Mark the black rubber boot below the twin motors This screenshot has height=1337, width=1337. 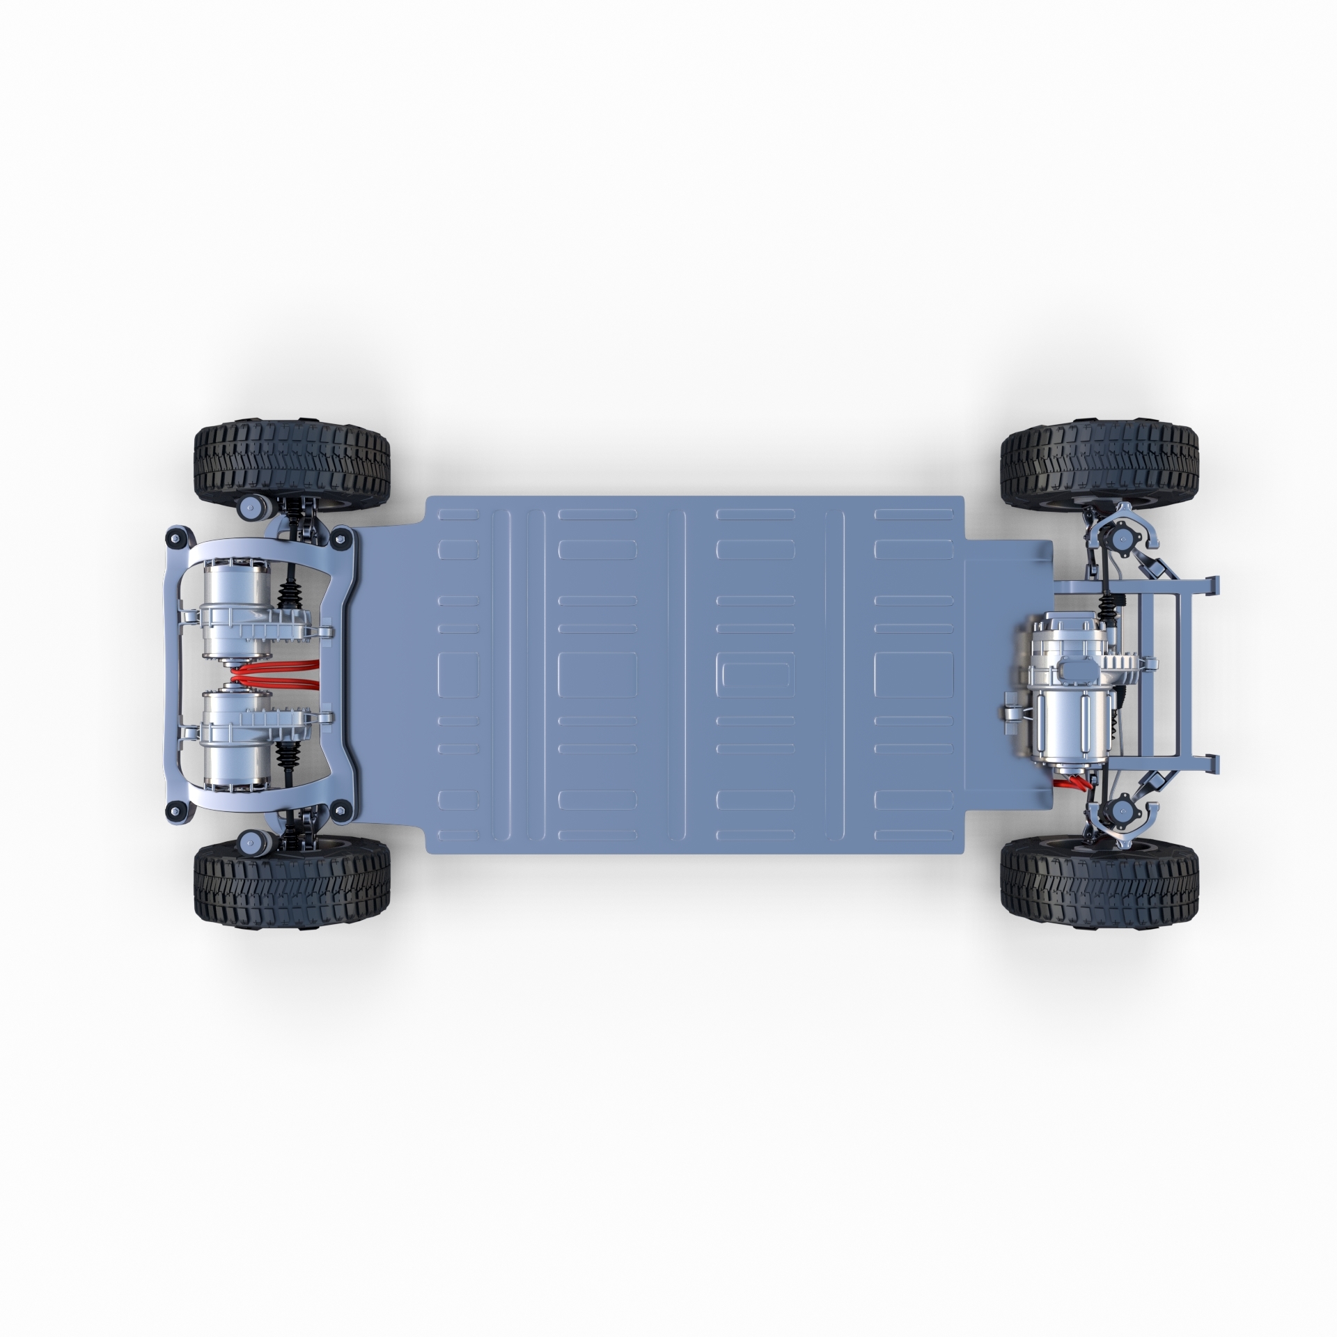coord(288,769)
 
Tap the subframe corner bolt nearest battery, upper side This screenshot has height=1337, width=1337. coord(341,537)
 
